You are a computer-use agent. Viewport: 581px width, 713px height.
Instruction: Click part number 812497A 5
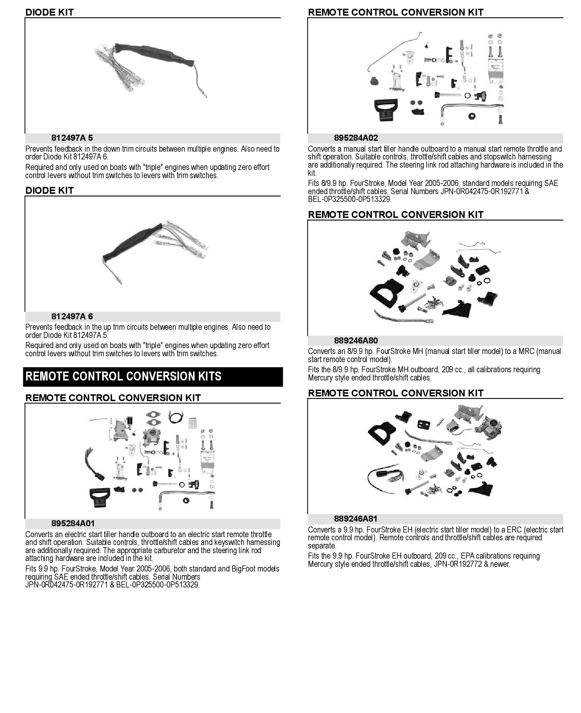(72, 138)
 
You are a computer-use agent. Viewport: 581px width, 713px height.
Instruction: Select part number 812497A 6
(72, 317)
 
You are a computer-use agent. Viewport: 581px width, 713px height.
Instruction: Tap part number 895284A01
(73, 524)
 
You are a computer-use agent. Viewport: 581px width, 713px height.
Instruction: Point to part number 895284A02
(356, 138)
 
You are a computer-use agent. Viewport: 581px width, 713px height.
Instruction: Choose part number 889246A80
(356, 341)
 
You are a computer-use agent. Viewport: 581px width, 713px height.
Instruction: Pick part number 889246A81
(356, 519)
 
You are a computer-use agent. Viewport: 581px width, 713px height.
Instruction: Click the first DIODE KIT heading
(50, 12)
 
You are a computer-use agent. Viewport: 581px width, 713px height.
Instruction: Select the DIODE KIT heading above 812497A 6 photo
(50, 191)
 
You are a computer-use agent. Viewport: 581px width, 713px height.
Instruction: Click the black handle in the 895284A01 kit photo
(100, 497)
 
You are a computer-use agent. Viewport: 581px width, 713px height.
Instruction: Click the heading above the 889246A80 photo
(395, 215)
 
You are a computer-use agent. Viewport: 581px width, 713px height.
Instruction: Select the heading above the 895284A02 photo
(395, 12)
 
